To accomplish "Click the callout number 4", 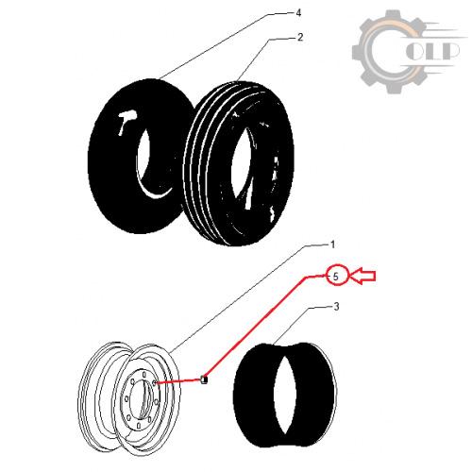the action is click(298, 13).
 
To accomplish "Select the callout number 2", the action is click(300, 37).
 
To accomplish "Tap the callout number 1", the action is click(332, 244).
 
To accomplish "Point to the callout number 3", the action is click(336, 307).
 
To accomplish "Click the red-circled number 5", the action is click(336, 277).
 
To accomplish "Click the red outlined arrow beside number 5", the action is click(362, 276).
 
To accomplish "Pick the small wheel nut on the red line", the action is click(204, 379).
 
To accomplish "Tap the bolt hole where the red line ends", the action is click(154, 382).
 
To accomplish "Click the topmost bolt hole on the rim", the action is click(144, 375).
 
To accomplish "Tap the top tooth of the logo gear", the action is click(392, 15).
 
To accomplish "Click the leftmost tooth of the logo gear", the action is click(356, 52).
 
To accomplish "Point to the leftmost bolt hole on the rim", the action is click(126, 399).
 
